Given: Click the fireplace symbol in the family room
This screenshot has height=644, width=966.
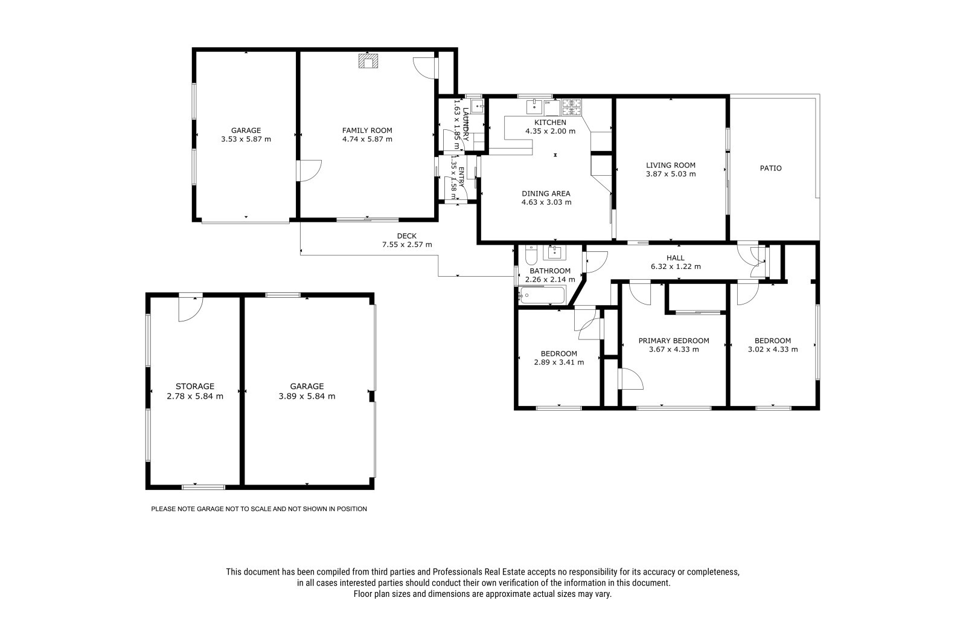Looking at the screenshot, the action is click(x=368, y=61).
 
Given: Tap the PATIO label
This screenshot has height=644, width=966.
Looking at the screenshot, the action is click(x=770, y=169).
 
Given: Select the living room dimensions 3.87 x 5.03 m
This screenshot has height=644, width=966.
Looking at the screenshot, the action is click(x=671, y=174).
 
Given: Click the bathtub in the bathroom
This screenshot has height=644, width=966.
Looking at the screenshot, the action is click(x=542, y=295).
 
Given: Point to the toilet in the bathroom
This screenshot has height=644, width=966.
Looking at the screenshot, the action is click(x=531, y=255).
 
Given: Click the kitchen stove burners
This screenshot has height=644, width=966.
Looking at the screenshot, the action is click(x=571, y=108).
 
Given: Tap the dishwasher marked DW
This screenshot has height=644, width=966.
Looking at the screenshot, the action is click(x=551, y=108).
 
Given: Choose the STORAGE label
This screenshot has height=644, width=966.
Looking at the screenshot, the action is click(x=195, y=386).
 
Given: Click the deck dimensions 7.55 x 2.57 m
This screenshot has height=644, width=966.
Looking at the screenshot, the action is click(x=407, y=245).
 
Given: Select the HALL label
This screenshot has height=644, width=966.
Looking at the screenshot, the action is click(x=676, y=258).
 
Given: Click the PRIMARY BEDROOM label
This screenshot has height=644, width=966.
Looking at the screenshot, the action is click(x=674, y=341).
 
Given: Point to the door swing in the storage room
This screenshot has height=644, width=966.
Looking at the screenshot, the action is click(x=190, y=309).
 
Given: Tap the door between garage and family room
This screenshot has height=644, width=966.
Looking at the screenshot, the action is click(x=310, y=170).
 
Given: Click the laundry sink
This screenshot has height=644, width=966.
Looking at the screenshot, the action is click(x=477, y=106).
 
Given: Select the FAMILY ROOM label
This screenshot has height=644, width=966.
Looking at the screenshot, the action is click(x=367, y=130).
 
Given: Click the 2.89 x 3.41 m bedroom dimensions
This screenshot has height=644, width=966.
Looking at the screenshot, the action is click(x=559, y=362).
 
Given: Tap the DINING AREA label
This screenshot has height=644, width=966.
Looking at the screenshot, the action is click(x=546, y=193).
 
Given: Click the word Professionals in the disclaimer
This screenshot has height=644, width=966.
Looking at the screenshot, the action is click(x=457, y=572).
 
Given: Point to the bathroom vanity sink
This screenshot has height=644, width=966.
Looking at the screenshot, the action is click(x=554, y=253).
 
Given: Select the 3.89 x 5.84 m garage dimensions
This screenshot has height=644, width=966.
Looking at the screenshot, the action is click(x=307, y=396).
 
